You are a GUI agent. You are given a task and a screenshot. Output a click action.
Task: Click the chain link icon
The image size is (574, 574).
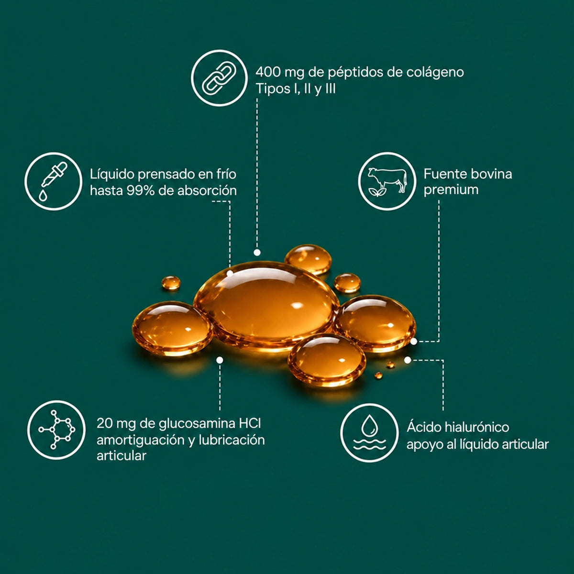coord(219,78)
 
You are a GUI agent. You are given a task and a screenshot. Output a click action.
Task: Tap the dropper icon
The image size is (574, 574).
coord(53,181)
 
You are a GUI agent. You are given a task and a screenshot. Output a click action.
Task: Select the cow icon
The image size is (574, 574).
coord(387,181)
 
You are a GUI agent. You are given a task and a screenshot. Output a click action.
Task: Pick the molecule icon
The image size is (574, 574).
coord(56,429)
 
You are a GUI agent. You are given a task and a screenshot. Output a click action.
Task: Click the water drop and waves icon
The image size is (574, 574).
coord(369,433)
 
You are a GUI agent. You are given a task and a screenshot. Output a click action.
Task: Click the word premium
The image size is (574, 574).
coord(451,190)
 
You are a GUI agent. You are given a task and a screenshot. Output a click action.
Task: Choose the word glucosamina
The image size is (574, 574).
coord(197,424)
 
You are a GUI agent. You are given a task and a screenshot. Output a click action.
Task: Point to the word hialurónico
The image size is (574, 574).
coord(476,428)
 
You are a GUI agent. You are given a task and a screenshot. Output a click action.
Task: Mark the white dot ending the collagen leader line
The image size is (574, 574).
coord(257,253)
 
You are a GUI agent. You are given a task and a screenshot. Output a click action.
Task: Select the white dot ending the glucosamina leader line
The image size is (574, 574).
coord(220,360)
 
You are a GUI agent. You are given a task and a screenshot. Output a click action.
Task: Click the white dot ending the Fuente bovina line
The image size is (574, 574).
coord(414,342)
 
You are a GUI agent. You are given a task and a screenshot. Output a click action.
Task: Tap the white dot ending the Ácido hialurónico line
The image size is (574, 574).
coord(408,360)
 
